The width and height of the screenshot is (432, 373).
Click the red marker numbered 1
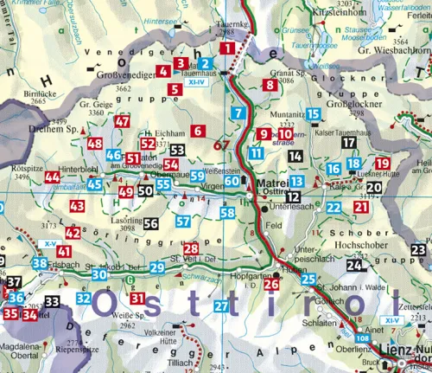pos(227,49)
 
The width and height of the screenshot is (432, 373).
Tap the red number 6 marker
pos(197,131)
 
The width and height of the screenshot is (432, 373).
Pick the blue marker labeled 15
pos(313,114)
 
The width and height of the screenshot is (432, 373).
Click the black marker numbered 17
pos(348,143)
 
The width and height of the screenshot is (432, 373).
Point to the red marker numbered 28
pos(191,249)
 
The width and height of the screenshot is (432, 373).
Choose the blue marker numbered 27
pos(221,306)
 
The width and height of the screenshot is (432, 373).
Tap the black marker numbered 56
pos(150,223)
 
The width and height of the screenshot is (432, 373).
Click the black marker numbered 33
pos(53,302)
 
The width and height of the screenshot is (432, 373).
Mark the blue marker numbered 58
pos(227,213)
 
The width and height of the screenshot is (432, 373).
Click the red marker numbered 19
pos(383,164)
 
